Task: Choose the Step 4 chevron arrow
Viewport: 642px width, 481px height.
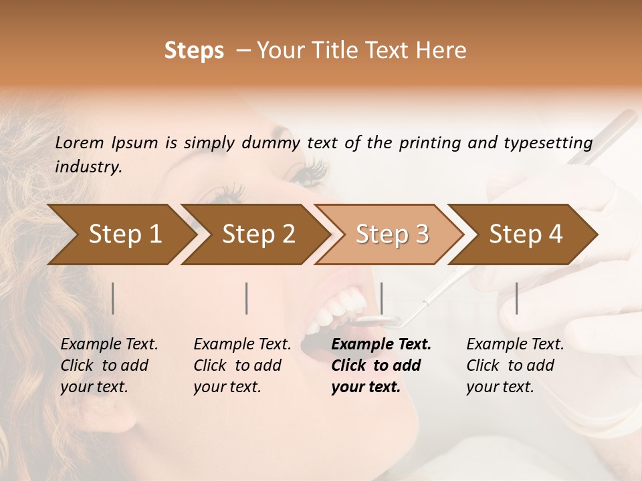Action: pyautogui.click(x=523, y=234)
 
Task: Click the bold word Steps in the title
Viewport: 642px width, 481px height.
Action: pyautogui.click(x=194, y=51)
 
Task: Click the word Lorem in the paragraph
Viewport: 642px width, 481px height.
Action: pyautogui.click(x=80, y=142)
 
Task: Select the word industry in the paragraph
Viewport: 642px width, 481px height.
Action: pyautogui.click(x=88, y=167)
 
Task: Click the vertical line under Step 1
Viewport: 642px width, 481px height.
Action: pyautogui.click(x=113, y=298)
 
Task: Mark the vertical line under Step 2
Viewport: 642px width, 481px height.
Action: pyautogui.click(x=247, y=298)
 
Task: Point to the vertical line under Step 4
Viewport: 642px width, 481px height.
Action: pyautogui.click(x=516, y=298)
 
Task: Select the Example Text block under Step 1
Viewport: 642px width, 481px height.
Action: pyautogui.click(x=109, y=365)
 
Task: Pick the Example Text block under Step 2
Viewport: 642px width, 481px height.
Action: pyautogui.click(x=242, y=365)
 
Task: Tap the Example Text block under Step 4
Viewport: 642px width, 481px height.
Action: pyautogui.click(x=515, y=365)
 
